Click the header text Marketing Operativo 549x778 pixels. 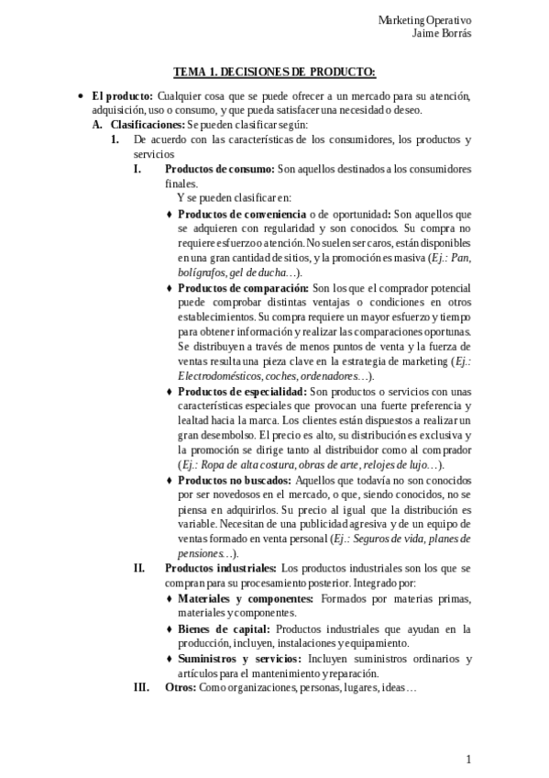pyautogui.click(x=495, y=20)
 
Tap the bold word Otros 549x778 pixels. pyautogui.click(x=180, y=687)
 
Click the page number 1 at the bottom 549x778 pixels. pyautogui.click(x=468, y=760)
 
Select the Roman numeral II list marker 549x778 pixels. pyautogui.click(x=138, y=569)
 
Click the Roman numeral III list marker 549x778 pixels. pyautogui.click(x=140, y=687)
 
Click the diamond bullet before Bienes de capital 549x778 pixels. pyautogui.click(x=170, y=629)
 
